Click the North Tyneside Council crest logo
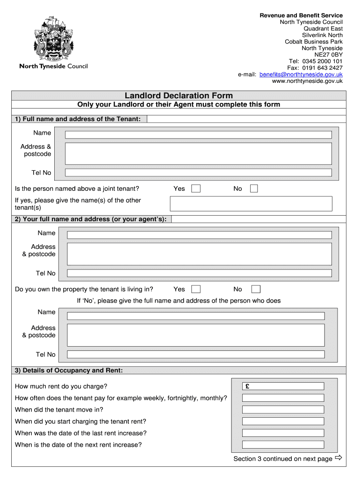pyautogui.click(x=53, y=39)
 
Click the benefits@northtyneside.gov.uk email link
pyautogui.click(x=301, y=74)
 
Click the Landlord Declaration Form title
pyautogui.click(x=179, y=95)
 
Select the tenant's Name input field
pyautogui.click(x=198, y=135)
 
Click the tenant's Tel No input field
pyautogui.click(x=198, y=173)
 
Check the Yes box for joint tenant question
pyautogui.click(x=196, y=189)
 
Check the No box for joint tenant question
pyautogui.click(x=254, y=189)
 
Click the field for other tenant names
pyautogui.click(x=251, y=203)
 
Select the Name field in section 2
pyautogui.click(x=199, y=235)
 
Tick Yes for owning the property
pyautogui.click(x=196, y=289)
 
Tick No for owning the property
pyautogui.click(x=256, y=289)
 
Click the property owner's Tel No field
pyautogui.click(x=195, y=355)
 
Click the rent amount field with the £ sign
pyautogui.click(x=283, y=386)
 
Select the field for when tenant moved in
pyautogui.click(x=283, y=410)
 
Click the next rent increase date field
pyautogui.click(x=283, y=445)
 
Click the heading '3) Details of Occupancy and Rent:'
pyautogui.click(x=69, y=370)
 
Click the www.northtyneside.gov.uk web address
pyautogui.click(x=307, y=81)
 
